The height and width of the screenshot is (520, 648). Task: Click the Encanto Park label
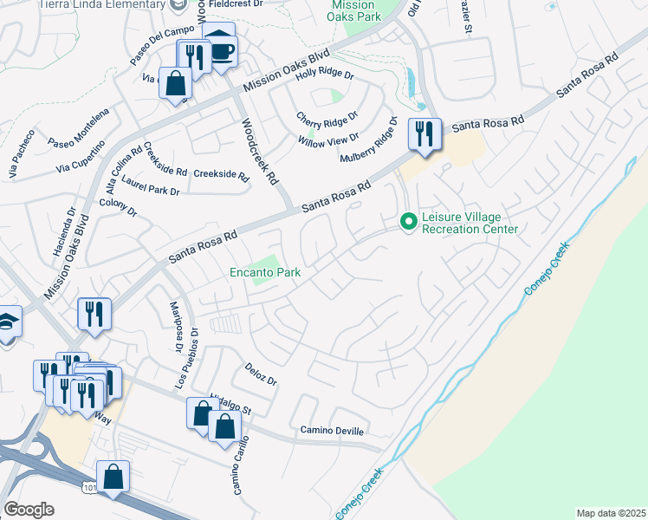pos(265,273)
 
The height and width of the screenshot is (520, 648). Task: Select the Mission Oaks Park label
pos(353,10)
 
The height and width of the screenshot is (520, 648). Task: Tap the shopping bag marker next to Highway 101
pos(113,477)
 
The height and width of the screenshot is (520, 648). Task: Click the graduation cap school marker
pos(7,323)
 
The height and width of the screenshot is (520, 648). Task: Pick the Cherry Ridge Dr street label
pos(327,117)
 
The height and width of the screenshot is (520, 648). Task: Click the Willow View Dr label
pos(328,140)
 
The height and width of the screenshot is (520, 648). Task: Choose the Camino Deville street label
pos(333,431)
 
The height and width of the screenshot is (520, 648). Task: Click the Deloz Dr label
pos(260,374)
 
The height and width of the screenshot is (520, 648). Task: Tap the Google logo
pos(29,510)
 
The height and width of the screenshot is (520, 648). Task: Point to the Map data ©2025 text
pos(611,513)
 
